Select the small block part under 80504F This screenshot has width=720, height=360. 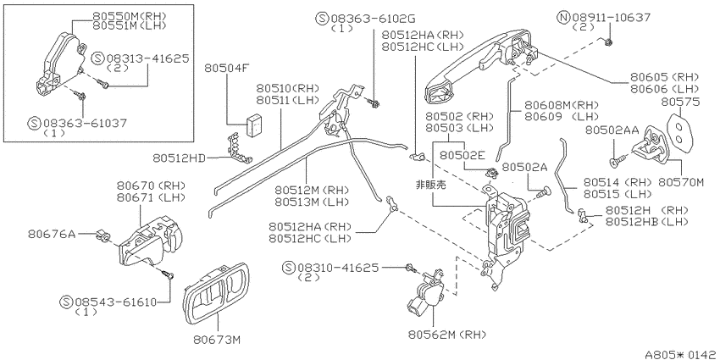(x=254, y=124)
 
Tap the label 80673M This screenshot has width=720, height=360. (x=217, y=340)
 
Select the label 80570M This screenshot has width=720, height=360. (x=681, y=182)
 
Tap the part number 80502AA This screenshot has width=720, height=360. (x=612, y=130)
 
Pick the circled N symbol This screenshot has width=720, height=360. (x=563, y=18)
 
